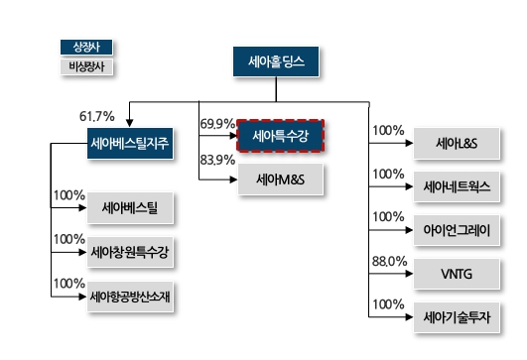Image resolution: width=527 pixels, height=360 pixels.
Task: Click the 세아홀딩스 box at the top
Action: tap(276, 63)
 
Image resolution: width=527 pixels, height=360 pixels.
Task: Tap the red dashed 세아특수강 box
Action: tap(282, 133)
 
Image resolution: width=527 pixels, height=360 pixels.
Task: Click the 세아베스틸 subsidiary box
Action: tap(129, 209)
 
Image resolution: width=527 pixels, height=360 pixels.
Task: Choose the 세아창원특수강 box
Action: tap(129, 253)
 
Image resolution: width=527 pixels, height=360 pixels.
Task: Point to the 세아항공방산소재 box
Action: tap(129, 297)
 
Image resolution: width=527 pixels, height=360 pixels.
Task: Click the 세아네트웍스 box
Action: tap(458, 186)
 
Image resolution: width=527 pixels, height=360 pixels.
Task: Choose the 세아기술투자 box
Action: tap(458, 315)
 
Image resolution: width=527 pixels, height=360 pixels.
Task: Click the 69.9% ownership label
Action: tap(216, 124)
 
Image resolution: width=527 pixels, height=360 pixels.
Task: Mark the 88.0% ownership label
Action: tap(388, 261)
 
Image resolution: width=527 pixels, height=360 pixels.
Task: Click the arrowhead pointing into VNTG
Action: tap(408, 273)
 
